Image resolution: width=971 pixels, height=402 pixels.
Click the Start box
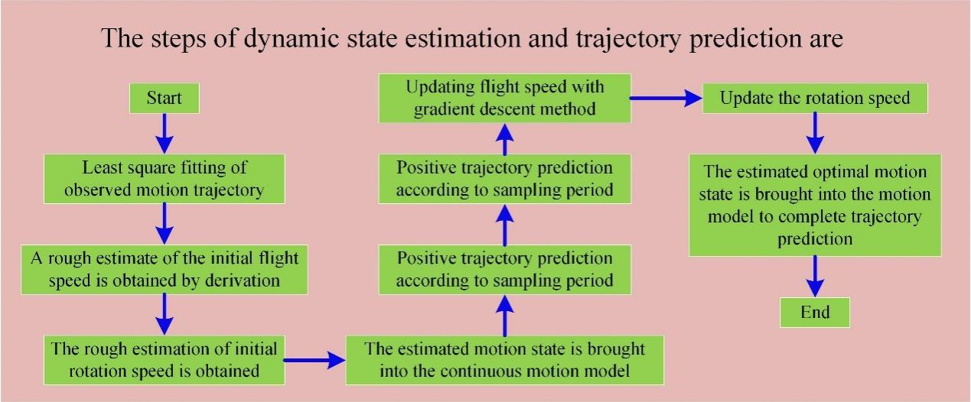pyautogui.click(x=165, y=99)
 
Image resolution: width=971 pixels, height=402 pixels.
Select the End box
pyautogui.click(x=815, y=313)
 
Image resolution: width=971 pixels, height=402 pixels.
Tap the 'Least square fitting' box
pyautogui.click(x=165, y=179)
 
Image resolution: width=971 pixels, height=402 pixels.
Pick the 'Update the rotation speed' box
pyautogui.click(x=815, y=99)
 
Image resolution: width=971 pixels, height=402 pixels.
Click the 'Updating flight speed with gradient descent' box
pyautogui.click(x=504, y=99)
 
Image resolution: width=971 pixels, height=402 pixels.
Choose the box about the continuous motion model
pyautogui.click(x=504, y=360)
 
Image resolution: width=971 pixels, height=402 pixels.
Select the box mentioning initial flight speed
pyautogui.click(x=165, y=270)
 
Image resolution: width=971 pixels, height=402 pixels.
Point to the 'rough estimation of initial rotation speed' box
pyautogui.click(x=165, y=360)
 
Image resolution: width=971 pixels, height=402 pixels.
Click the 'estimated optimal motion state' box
pyautogui.click(x=815, y=206)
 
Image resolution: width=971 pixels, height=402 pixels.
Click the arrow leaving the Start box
pyautogui.click(x=165, y=134)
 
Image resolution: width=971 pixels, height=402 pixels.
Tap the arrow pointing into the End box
pyautogui.click(x=815, y=277)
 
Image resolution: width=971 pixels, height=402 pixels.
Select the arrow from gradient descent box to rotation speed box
pyautogui.click(x=666, y=99)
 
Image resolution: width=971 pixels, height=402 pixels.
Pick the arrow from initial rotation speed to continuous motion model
pyautogui.click(x=314, y=360)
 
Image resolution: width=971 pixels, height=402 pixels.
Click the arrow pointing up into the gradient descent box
pyautogui.click(x=504, y=139)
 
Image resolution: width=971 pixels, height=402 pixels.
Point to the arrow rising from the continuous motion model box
pyautogui.click(x=504, y=316)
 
